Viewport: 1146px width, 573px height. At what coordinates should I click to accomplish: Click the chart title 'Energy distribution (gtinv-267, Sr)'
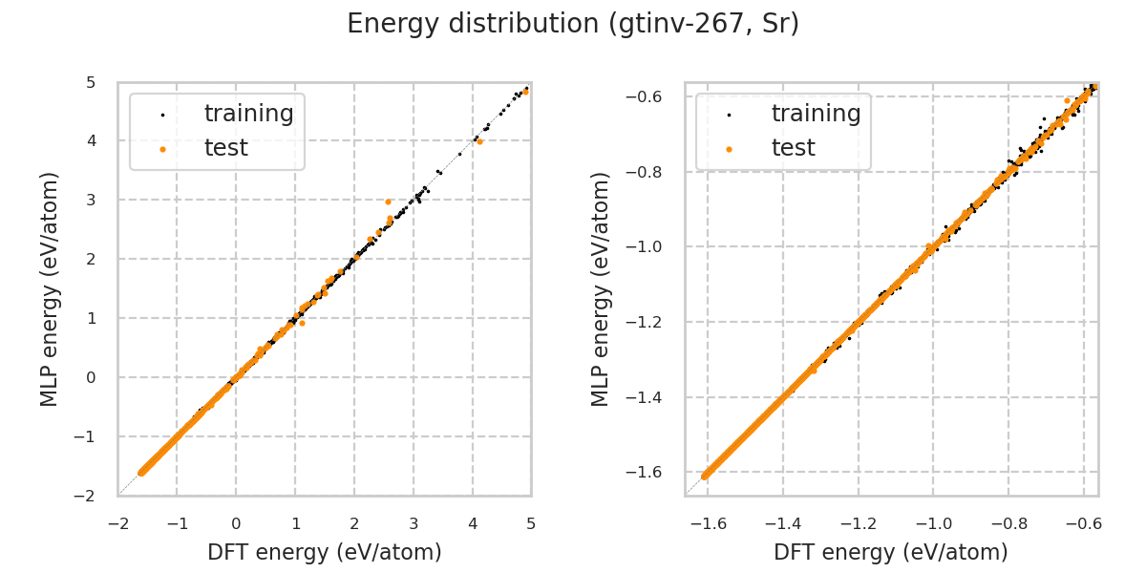pyautogui.click(x=573, y=24)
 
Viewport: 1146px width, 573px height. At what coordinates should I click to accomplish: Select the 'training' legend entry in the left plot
pyautogui.click(x=248, y=114)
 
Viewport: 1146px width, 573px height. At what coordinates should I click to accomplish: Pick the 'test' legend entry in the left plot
pyautogui.click(x=225, y=148)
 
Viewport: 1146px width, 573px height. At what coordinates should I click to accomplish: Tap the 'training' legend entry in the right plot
pyautogui.click(x=816, y=114)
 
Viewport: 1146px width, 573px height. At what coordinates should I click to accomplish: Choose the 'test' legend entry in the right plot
pyautogui.click(x=793, y=148)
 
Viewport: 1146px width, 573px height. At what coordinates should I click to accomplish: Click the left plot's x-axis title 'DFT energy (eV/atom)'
pyautogui.click(x=325, y=552)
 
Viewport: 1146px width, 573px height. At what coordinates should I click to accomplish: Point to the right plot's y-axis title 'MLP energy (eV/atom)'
pyautogui.click(x=600, y=288)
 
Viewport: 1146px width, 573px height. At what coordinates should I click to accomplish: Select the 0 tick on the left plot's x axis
pyautogui.click(x=236, y=523)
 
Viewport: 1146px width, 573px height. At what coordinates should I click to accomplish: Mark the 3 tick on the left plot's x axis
pyautogui.click(x=414, y=523)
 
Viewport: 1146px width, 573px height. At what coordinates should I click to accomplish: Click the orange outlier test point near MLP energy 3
pyautogui.click(x=388, y=202)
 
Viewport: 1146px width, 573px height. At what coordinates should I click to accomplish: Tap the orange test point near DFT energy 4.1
pyautogui.click(x=479, y=141)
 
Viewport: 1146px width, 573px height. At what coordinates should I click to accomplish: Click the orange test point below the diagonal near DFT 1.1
pyautogui.click(x=302, y=323)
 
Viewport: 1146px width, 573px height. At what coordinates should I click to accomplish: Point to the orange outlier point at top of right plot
pyautogui.click(x=1067, y=100)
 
